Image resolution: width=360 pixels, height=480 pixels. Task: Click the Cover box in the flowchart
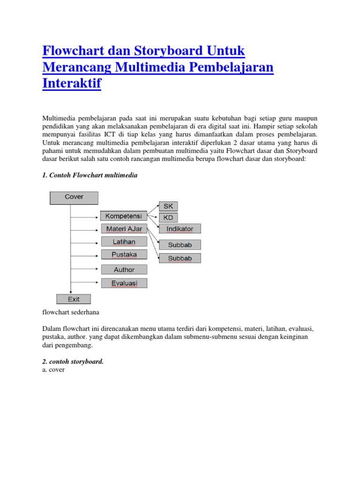(x=74, y=198)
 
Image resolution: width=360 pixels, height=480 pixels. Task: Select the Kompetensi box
(x=124, y=216)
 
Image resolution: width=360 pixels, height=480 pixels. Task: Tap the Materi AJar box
(x=124, y=229)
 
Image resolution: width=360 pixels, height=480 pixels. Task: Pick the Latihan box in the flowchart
(x=124, y=242)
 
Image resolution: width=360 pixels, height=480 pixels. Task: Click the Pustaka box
(x=124, y=255)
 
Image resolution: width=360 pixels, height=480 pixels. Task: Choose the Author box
(x=124, y=270)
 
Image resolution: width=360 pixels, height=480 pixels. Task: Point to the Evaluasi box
(x=124, y=283)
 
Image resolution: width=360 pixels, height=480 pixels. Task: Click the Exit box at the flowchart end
(x=74, y=299)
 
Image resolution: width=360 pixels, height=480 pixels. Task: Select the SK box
(x=168, y=206)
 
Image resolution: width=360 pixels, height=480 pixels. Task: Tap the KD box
(x=168, y=218)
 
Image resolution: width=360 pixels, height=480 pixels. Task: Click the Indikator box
(x=180, y=229)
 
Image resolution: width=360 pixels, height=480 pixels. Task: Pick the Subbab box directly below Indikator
(x=180, y=245)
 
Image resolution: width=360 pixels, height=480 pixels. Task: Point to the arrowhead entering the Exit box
(x=70, y=292)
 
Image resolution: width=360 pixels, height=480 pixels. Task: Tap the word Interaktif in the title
(x=72, y=83)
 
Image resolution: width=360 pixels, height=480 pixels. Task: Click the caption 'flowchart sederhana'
(x=71, y=312)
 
